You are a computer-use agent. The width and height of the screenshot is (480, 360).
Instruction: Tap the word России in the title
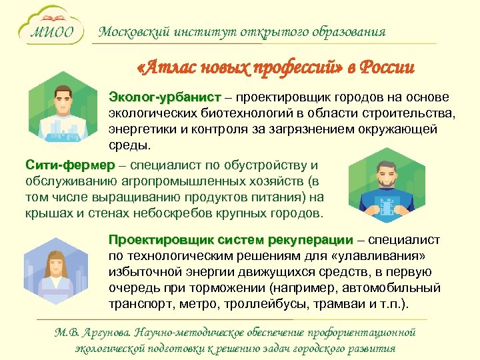point(387,68)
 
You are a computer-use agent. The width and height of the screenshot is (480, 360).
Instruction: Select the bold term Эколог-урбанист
point(155,97)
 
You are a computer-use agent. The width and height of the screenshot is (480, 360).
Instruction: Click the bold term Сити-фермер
point(69,165)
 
